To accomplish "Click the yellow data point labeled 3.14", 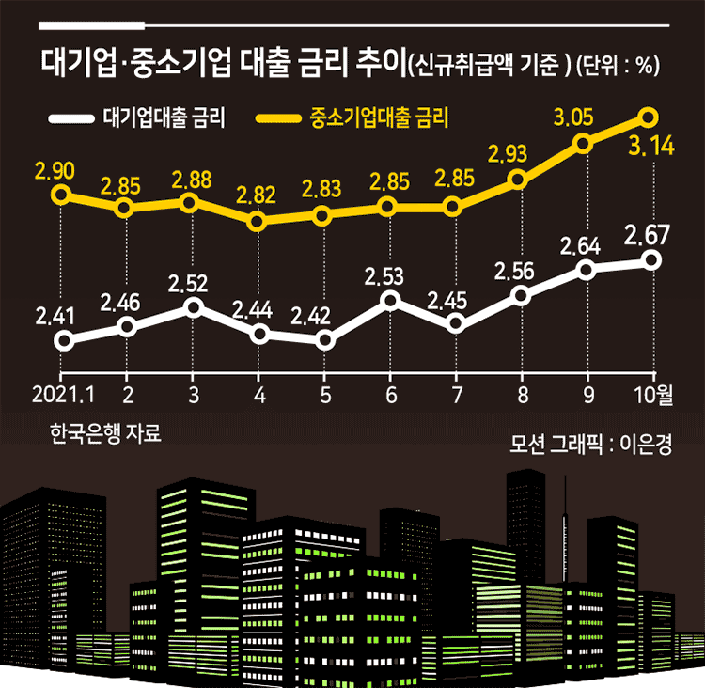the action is coord(649,117).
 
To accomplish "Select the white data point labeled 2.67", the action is coord(651,260).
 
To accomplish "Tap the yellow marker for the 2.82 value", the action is coord(257,221).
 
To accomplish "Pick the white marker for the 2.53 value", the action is coord(390,300).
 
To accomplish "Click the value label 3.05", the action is coord(573,117).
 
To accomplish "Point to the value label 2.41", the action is coord(55,316).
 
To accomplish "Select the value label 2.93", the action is coord(508,154).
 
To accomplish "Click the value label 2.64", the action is coord(580,246).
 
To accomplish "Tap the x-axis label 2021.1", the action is coord(63,395).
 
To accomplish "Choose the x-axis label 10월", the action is coord(653,395).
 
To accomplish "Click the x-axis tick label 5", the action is coord(325,396).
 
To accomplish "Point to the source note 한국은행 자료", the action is coord(105,433).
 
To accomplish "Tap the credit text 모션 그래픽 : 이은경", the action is coord(591,444).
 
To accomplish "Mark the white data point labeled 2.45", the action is coord(456,323).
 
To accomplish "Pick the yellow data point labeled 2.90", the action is coord(61,195).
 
